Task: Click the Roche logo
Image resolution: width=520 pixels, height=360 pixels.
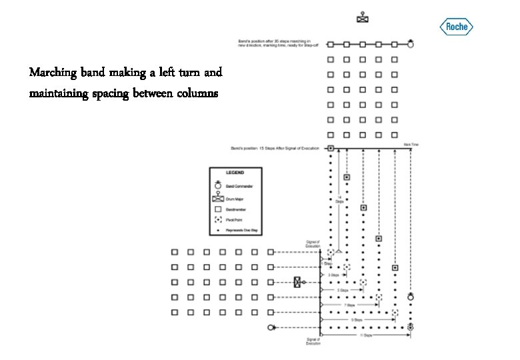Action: click(x=457, y=27)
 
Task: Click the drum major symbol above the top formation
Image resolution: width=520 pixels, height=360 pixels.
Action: click(x=362, y=18)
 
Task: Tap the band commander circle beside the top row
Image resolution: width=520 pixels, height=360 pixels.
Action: click(x=411, y=44)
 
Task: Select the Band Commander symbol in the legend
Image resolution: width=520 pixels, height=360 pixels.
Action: click(x=218, y=186)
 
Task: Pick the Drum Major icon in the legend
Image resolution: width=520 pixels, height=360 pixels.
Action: click(x=218, y=198)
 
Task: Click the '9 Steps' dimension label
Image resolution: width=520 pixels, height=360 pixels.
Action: click(x=357, y=320)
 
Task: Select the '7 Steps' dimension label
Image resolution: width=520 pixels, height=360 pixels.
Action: click(x=349, y=305)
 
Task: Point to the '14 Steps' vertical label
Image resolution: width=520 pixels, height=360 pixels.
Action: click(x=339, y=199)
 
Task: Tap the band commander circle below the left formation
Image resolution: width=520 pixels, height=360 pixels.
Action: click(x=271, y=328)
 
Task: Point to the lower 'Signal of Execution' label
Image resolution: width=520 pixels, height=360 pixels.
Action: click(x=313, y=341)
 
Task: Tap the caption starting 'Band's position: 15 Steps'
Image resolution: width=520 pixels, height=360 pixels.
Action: click(x=275, y=148)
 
